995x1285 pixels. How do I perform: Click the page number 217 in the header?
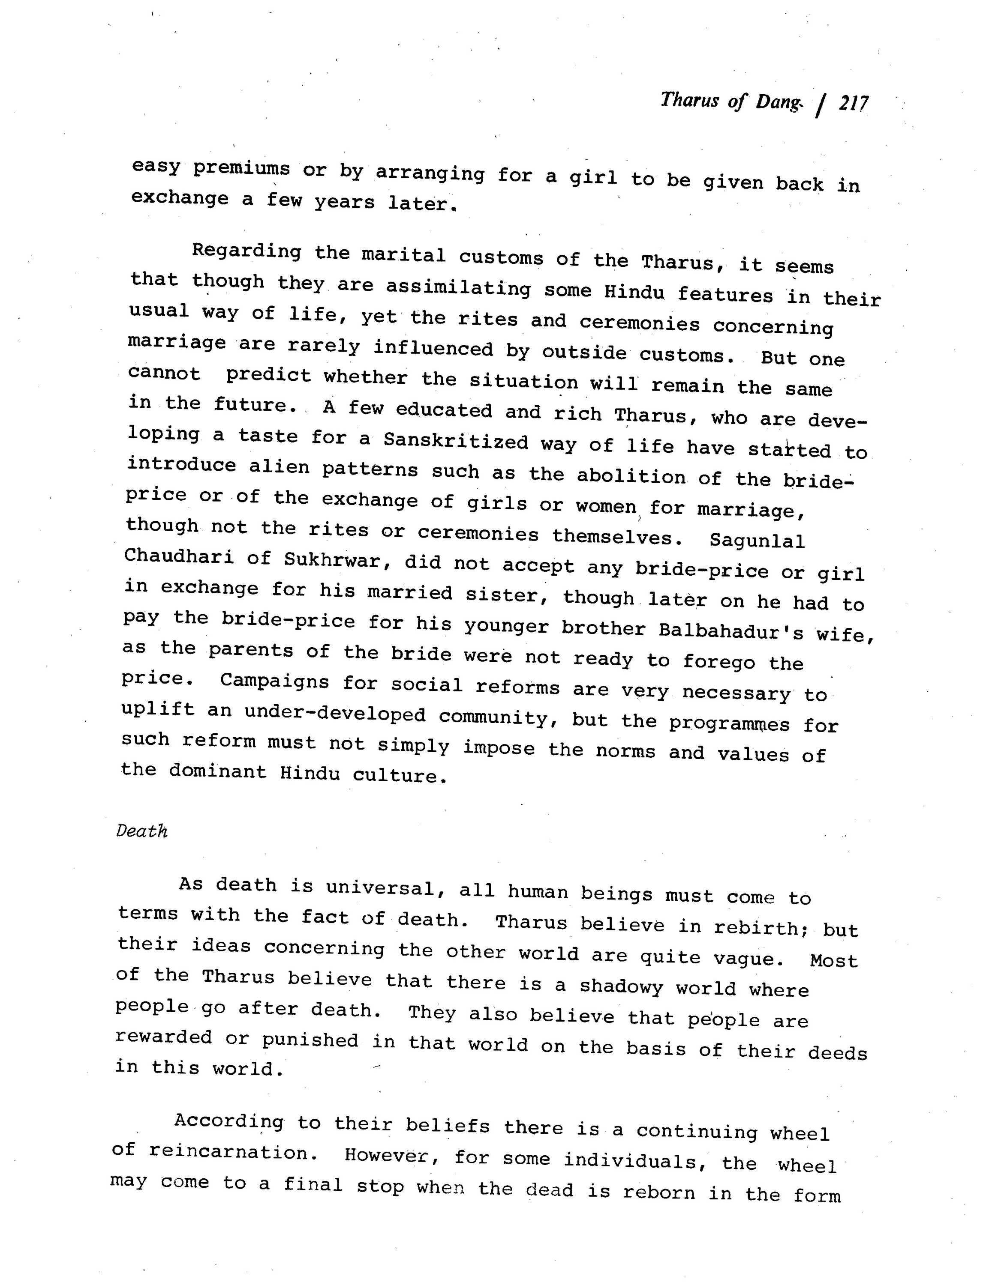(853, 104)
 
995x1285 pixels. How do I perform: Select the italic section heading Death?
(142, 831)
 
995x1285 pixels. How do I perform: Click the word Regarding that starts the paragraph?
(246, 252)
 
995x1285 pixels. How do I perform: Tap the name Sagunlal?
(757, 540)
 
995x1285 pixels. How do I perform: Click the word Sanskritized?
(456, 441)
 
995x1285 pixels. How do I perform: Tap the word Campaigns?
(274, 681)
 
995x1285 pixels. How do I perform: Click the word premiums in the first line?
(241, 168)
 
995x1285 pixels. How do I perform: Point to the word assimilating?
(458, 289)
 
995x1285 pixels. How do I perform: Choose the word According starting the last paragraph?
(228, 1121)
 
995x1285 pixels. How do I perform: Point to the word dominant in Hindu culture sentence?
(218, 771)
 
